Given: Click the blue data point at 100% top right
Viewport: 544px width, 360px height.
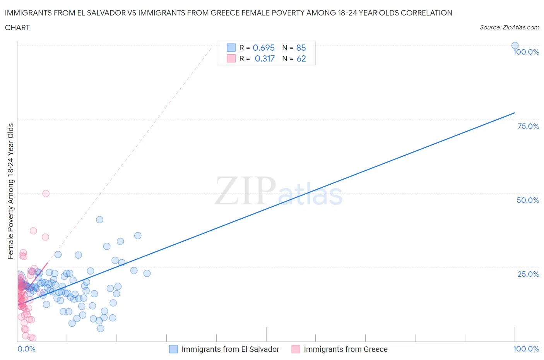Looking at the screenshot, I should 515,45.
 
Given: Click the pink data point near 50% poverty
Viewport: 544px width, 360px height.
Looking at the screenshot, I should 46,194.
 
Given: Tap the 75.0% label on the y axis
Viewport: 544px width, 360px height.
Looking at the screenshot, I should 528,126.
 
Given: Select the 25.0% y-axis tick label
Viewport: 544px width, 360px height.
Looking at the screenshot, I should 528,274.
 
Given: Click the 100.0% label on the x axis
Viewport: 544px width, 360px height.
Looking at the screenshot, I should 526,349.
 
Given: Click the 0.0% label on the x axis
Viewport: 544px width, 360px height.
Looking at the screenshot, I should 27,349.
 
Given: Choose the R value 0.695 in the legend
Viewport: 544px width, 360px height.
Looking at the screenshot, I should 263,48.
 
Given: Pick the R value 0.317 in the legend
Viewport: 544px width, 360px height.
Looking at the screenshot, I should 265,58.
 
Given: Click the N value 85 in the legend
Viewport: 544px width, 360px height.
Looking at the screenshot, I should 301,48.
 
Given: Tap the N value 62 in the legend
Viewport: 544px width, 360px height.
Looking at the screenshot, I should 301,58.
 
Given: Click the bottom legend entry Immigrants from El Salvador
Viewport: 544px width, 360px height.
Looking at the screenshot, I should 230,349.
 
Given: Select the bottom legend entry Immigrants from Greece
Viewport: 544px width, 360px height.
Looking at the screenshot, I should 346,349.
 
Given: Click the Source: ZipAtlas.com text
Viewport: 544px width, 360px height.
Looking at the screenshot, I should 509,27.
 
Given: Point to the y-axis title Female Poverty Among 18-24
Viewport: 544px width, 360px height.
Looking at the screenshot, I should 11,191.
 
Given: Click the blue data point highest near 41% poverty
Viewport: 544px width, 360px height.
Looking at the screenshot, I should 99,219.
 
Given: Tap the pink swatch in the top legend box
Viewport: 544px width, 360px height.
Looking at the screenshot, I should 231,58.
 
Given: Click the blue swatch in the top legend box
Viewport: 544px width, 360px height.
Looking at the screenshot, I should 231,48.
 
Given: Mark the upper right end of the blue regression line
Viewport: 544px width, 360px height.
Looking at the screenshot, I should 515,113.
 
